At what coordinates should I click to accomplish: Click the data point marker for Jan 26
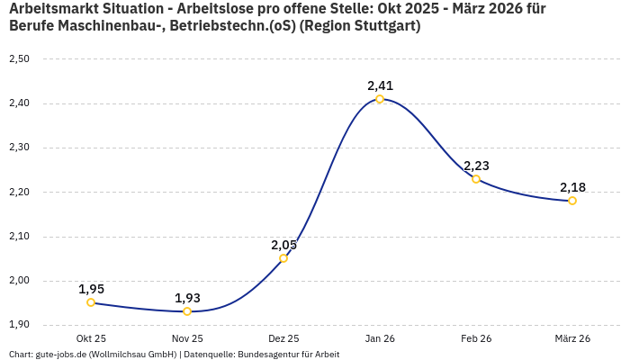pyautogui.click(x=380, y=99)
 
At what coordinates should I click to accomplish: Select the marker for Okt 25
pyautogui.click(x=91, y=302)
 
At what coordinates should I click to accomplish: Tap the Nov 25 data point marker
pyautogui.click(x=187, y=311)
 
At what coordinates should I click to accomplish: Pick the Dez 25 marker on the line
pyautogui.click(x=283, y=258)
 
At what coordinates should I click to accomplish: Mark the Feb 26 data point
pyautogui.click(x=476, y=179)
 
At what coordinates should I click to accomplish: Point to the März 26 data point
pyautogui.click(x=572, y=201)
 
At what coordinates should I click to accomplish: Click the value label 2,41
pyautogui.click(x=380, y=85)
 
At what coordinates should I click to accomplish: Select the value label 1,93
pyautogui.click(x=187, y=298)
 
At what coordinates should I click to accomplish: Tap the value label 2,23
pyautogui.click(x=476, y=166)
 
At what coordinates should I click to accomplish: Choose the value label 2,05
pyautogui.click(x=283, y=245)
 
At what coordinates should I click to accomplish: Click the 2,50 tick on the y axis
pyautogui.click(x=19, y=59)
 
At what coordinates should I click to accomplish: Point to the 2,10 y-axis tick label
pyautogui.click(x=19, y=237)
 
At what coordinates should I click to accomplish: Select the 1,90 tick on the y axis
pyautogui.click(x=19, y=325)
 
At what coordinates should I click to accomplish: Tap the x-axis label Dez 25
pyautogui.click(x=283, y=338)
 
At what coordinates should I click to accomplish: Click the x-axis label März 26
pyautogui.click(x=572, y=338)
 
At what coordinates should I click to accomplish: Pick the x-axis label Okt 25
pyautogui.click(x=91, y=338)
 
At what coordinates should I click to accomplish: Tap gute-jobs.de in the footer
pyautogui.click(x=60, y=355)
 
